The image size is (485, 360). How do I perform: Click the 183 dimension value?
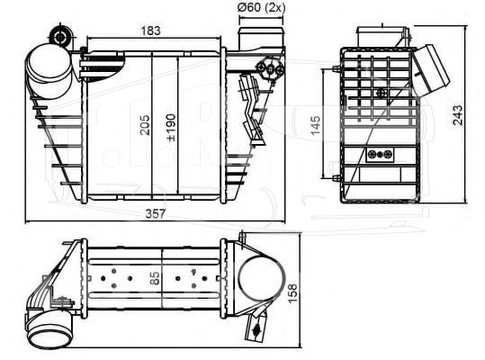click(x=150, y=31)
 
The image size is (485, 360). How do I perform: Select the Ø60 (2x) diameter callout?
click(x=262, y=7)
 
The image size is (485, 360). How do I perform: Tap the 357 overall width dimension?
click(x=156, y=213)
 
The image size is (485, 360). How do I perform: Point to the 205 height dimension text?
click(x=145, y=125)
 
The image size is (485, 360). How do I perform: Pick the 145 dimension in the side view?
click(x=316, y=125)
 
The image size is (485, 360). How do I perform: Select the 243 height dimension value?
click(x=458, y=115)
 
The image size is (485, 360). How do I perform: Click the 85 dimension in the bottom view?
click(x=154, y=278)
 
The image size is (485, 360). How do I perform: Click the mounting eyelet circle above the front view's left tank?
click(x=60, y=37)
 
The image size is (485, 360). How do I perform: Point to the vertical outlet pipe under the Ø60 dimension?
click(x=261, y=39)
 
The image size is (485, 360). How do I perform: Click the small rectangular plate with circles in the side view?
click(x=380, y=155)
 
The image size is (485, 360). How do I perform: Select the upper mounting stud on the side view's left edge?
click(x=337, y=68)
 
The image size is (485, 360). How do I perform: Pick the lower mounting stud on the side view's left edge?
click(x=337, y=178)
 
